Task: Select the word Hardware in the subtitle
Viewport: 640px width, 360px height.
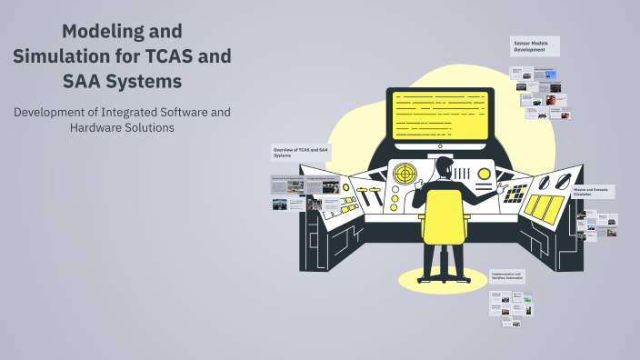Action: point(99,128)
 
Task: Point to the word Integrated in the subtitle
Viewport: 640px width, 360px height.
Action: point(135,112)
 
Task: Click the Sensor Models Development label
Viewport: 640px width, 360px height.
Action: point(534,46)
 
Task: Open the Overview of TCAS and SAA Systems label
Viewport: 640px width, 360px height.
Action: point(300,151)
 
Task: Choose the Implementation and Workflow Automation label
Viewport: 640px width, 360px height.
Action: point(508,275)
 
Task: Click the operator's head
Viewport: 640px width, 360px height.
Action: point(443,167)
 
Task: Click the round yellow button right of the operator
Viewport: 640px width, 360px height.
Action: point(485,174)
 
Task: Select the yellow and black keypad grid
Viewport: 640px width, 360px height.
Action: point(515,193)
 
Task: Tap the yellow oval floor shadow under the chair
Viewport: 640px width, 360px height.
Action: point(443,277)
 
